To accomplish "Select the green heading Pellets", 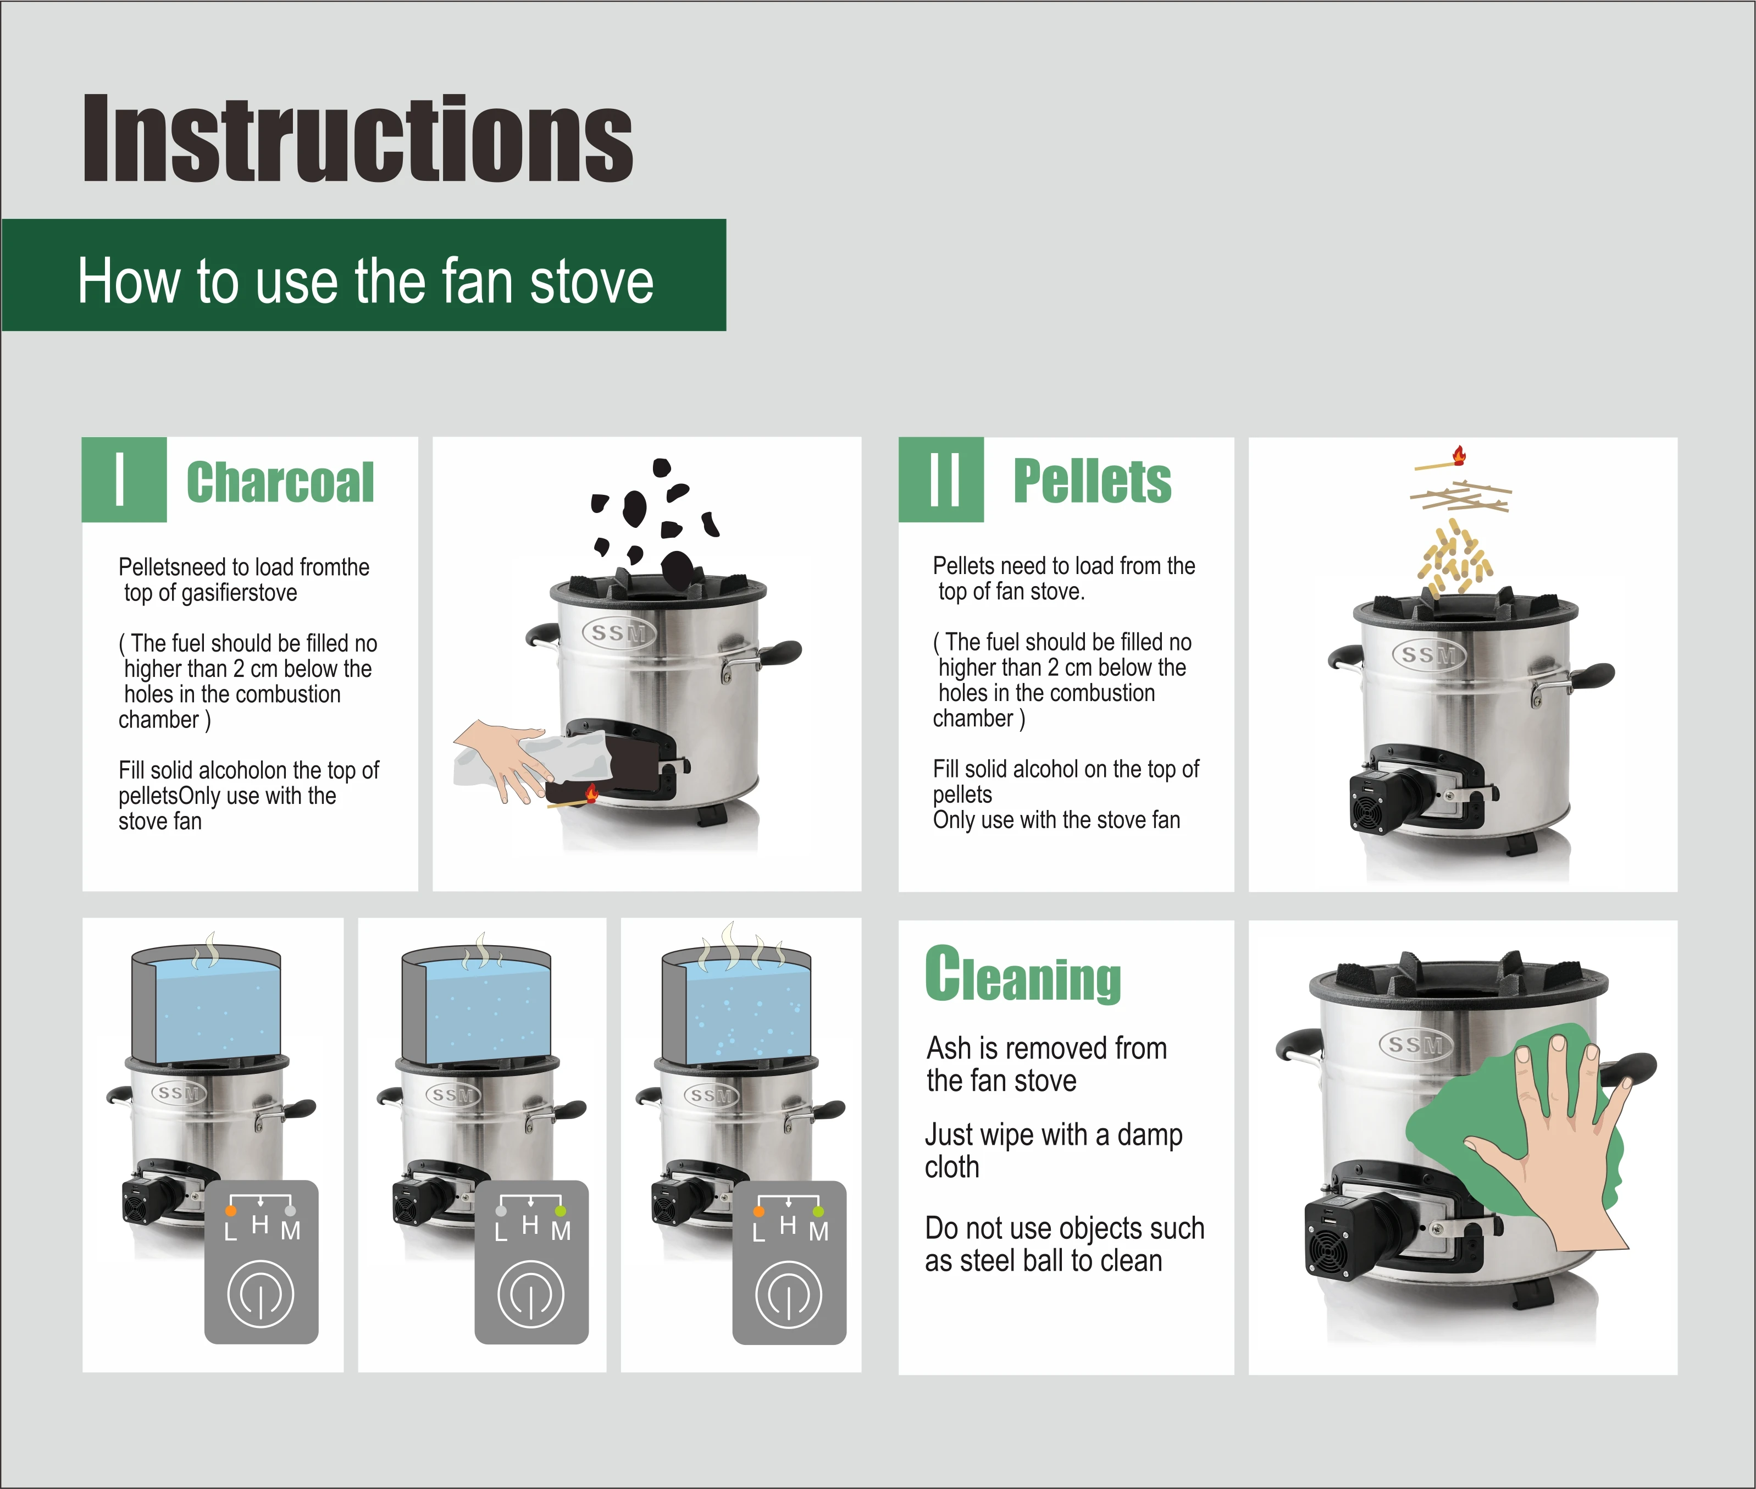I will [x=1092, y=481].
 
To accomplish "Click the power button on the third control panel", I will [x=788, y=1294].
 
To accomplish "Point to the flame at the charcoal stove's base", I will [x=591, y=793].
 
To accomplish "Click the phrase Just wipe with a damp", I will [x=1053, y=1134].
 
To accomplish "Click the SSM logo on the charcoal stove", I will [x=618, y=633].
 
